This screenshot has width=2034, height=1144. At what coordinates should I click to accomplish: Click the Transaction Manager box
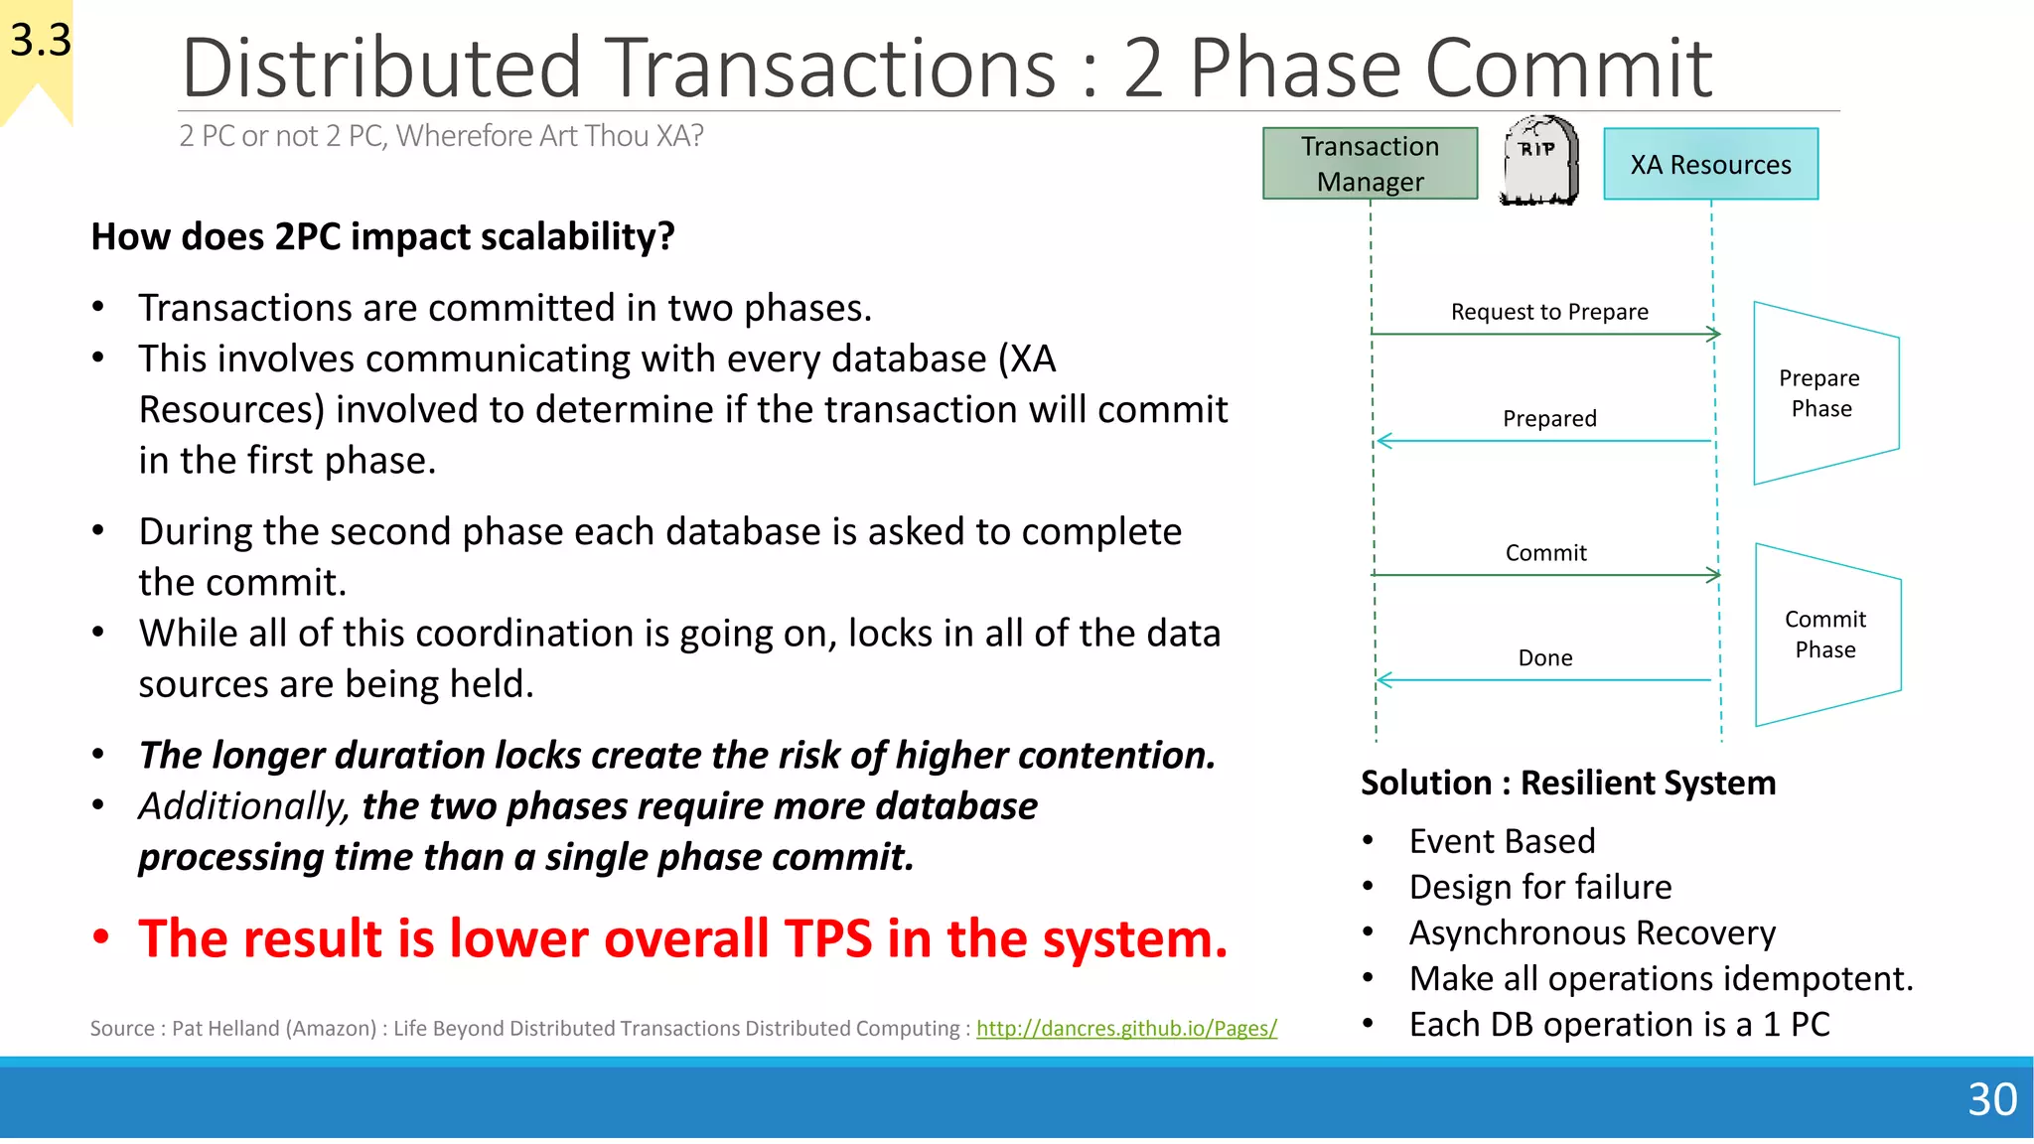(x=1370, y=164)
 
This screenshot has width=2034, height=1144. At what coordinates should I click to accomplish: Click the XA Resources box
(x=1710, y=164)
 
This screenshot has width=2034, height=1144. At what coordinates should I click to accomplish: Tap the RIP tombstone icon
(x=1538, y=161)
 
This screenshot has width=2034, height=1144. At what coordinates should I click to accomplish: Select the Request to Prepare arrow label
(x=1548, y=312)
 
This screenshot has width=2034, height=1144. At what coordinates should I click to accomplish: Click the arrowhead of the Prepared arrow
(x=1383, y=441)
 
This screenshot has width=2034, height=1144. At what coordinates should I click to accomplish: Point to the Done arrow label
(x=1544, y=657)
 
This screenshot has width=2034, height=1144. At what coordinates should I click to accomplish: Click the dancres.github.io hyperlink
(x=1125, y=1029)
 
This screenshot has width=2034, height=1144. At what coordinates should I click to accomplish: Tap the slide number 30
(x=1991, y=1099)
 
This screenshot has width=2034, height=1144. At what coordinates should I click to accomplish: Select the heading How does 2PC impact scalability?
(x=382, y=237)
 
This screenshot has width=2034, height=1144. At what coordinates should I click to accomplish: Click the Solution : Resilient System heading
(x=1567, y=783)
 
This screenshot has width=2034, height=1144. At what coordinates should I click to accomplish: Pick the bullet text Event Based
(x=1501, y=841)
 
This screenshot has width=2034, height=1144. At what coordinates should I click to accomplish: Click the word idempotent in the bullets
(x=1808, y=979)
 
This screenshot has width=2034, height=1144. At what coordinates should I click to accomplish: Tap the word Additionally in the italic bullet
(x=242, y=806)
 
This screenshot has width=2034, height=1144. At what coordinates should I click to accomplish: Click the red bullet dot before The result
(x=100, y=937)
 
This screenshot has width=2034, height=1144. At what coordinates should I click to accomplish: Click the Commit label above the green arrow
(x=1545, y=553)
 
